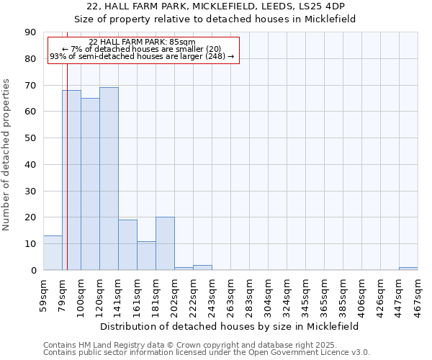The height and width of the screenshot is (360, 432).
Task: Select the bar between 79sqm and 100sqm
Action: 71,180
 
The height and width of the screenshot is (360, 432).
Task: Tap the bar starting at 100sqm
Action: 90,184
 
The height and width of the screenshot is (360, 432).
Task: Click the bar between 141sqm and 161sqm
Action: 127,245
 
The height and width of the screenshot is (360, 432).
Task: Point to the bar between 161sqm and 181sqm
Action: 146,256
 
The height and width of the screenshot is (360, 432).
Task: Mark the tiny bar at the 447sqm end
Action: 408,269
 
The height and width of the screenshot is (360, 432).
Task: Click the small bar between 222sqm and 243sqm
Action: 202,268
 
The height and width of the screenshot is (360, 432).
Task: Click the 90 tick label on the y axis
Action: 30,32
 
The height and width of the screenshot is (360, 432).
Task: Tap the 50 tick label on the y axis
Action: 30,138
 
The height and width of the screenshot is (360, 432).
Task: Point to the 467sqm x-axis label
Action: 418,294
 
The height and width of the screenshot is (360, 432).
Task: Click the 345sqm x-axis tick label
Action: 305,294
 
